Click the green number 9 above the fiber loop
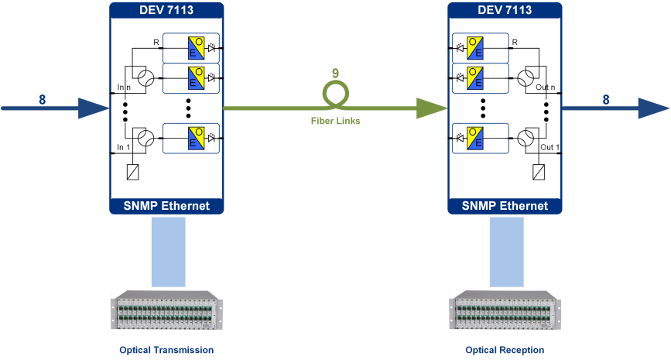pyautogui.click(x=336, y=74)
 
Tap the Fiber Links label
pyautogui.click(x=336, y=121)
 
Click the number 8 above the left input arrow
pyautogui.click(x=42, y=100)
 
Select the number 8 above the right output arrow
pyautogui.click(x=606, y=100)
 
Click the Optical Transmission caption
pyautogui.click(x=166, y=350)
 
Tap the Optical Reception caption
pyautogui.click(x=505, y=350)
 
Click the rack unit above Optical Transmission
pyautogui.click(x=166, y=310)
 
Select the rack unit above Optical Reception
pyautogui.click(x=505, y=310)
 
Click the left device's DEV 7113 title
pyautogui.click(x=166, y=10)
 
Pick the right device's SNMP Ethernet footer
pyautogui.click(x=505, y=206)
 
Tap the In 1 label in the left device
pyautogui.click(x=124, y=147)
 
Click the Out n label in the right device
pyautogui.click(x=546, y=87)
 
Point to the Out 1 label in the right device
pyautogui.click(x=550, y=147)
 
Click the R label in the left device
pyautogui.click(x=156, y=43)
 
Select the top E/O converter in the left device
pyautogui.click(x=197, y=48)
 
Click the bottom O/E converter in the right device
pyautogui.click(x=475, y=139)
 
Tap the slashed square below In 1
pyautogui.click(x=132, y=172)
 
